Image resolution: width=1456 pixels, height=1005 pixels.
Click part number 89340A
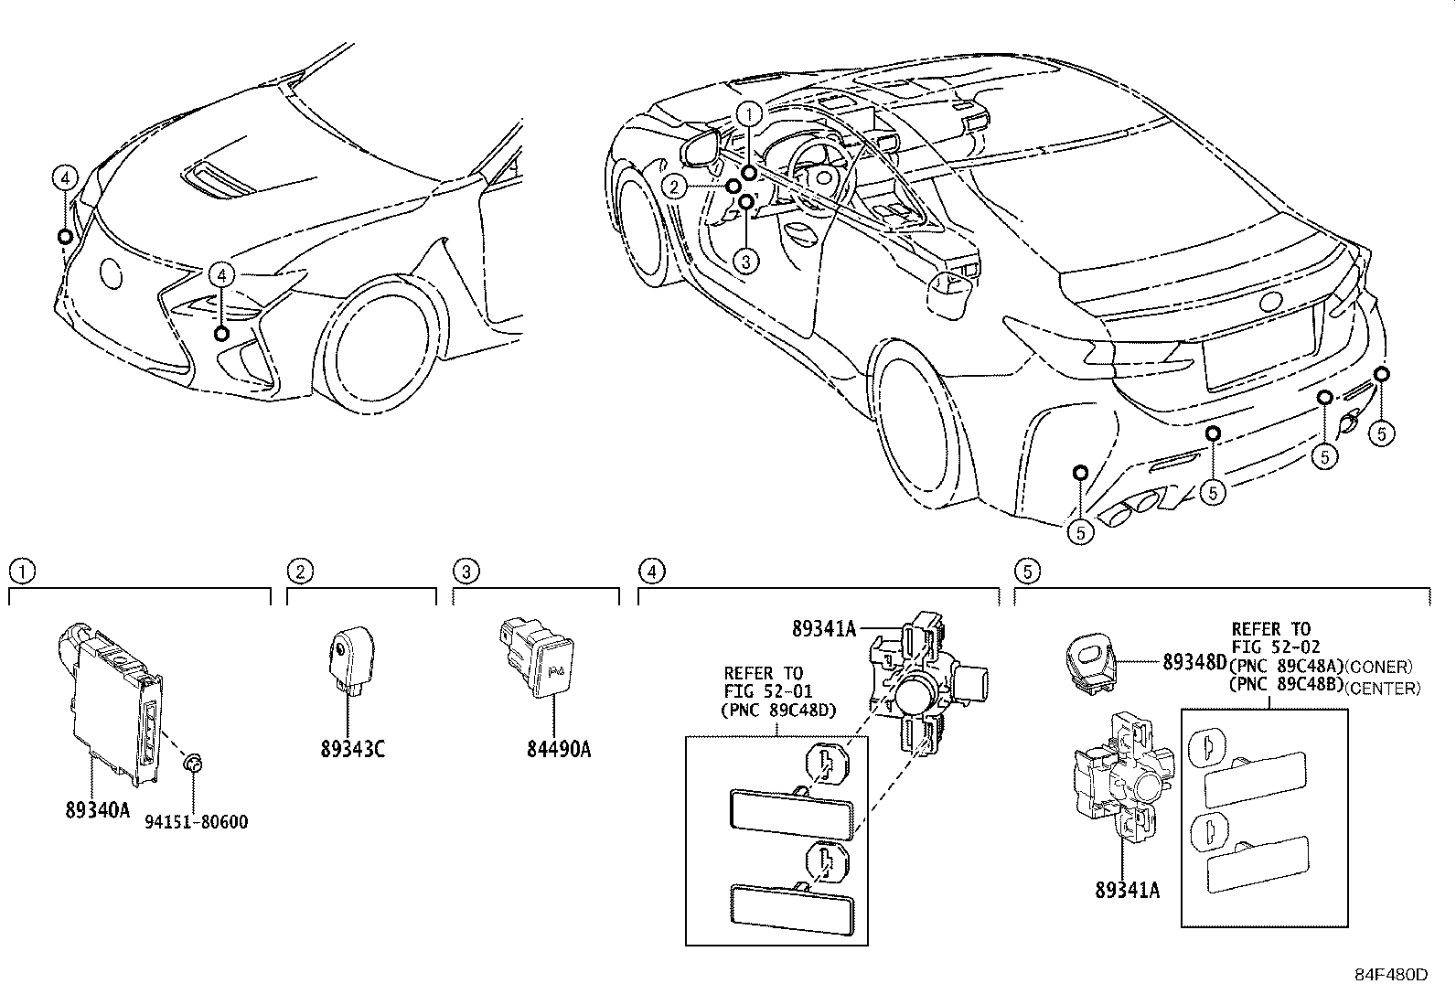pyautogui.click(x=97, y=809)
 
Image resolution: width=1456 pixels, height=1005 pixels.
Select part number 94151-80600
pyautogui.click(x=197, y=822)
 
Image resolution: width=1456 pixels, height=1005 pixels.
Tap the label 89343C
pyautogui.click(x=352, y=750)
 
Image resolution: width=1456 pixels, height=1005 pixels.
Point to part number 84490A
pyautogui.click(x=559, y=750)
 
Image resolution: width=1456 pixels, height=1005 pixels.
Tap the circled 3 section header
pyautogui.click(x=465, y=572)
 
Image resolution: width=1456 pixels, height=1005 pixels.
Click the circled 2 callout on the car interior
pyautogui.click(x=674, y=187)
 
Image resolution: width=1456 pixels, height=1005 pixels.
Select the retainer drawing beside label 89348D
pyautogui.click(x=1090, y=664)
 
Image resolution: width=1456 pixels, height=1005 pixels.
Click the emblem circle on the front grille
pyautogui.click(x=111, y=273)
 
